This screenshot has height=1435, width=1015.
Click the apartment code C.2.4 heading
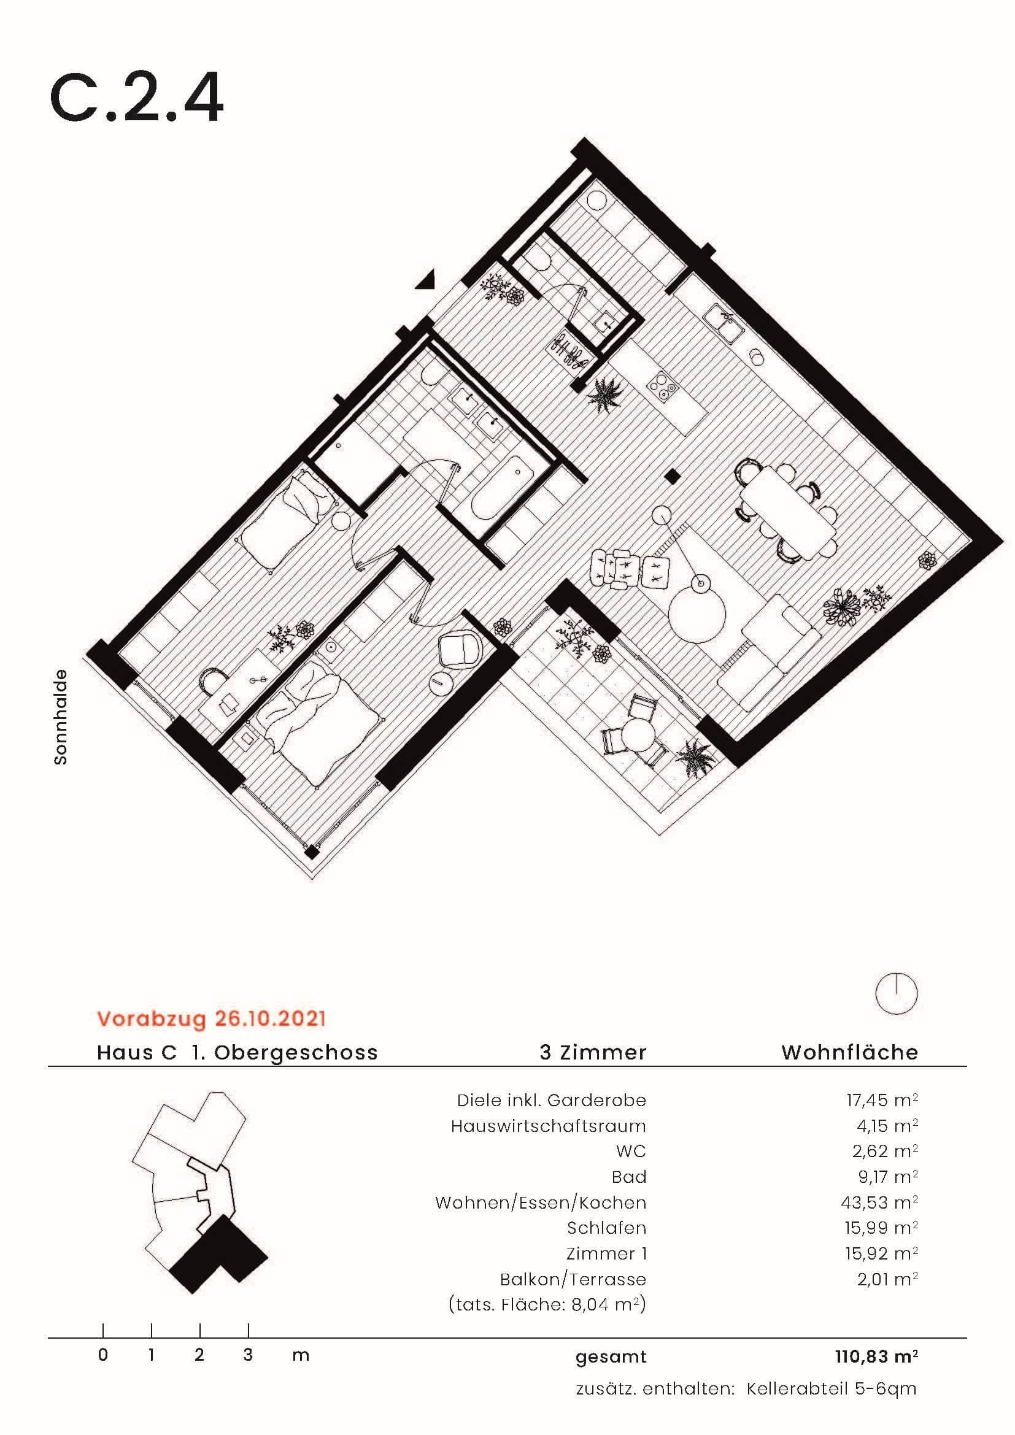[136, 99]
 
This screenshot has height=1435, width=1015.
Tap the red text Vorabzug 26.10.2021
[211, 1019]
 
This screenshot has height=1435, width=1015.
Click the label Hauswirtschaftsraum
[548, 1126]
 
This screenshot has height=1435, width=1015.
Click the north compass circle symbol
[896, 993]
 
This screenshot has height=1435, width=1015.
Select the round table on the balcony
[638, 737]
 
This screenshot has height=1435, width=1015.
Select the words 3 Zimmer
[593, 1053]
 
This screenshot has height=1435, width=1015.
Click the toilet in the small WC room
[538, 256]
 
